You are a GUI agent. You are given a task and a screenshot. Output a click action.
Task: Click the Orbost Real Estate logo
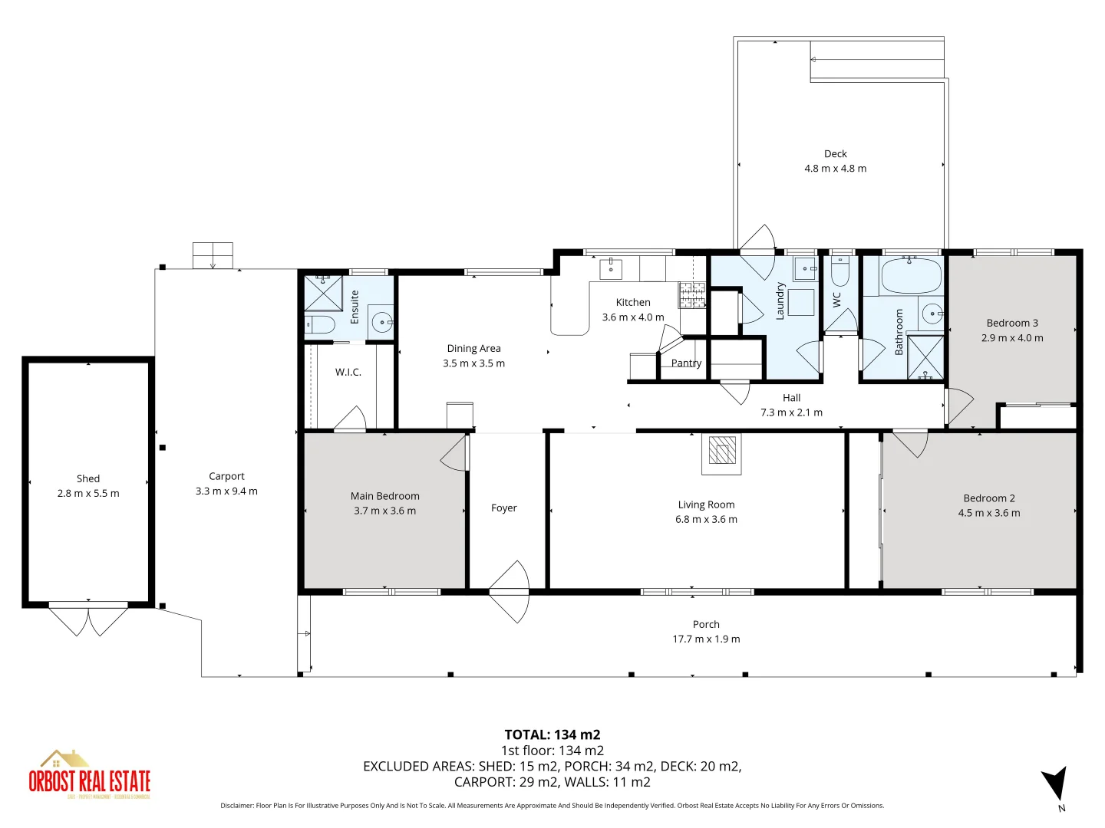(89, 776)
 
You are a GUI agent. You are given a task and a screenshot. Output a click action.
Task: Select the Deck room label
(835, 154)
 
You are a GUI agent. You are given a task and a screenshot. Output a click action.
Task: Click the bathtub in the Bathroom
(911, 276)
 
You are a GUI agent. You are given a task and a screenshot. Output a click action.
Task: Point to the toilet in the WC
(840, 270)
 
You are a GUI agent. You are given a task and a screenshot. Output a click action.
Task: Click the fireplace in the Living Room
(721, 451)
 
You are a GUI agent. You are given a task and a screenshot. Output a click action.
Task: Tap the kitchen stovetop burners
(691, 294)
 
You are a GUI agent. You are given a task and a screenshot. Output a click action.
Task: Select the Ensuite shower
(323, 293)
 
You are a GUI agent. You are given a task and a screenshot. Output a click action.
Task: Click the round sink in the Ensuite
(381, 322)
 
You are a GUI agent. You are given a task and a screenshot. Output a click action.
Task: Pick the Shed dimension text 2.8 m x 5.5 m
(88, 494)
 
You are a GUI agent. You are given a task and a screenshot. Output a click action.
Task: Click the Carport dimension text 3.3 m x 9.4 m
(226, 491)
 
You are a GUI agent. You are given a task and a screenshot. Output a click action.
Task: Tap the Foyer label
(504, 508)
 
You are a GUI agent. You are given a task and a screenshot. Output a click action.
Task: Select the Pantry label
(686, 363)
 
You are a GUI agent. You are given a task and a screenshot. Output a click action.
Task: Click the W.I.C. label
(348, 373)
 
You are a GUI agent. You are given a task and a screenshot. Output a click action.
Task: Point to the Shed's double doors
(88, 619)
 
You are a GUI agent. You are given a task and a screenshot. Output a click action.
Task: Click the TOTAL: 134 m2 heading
(552, 734)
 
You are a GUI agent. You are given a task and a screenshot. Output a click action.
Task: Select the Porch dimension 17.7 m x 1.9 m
(706, 639)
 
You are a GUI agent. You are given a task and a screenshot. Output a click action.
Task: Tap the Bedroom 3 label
(1012, 324)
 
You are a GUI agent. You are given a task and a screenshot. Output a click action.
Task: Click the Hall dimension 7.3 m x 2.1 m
(791, 412)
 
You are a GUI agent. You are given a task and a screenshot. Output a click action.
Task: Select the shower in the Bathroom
(925, 356)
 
